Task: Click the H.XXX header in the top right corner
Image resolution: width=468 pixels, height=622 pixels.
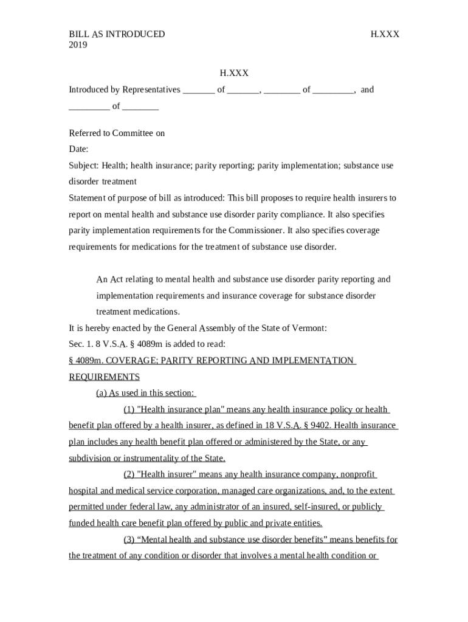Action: click(385, 34)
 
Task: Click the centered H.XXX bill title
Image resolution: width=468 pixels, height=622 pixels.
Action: click(234, 73)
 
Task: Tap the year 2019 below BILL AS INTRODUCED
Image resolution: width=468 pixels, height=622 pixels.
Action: click(78, 45)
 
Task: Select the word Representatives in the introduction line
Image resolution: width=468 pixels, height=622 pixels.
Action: click(151, 90)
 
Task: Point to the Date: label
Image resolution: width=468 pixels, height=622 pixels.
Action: click(79, 149)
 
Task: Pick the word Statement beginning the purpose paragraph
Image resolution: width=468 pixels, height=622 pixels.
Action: click(87, 198)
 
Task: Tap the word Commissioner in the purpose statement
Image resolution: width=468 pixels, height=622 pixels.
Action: click(257, 231)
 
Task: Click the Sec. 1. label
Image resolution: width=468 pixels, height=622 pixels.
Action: click(80, 344)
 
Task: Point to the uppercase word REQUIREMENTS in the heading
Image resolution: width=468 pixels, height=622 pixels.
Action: click(104, 377)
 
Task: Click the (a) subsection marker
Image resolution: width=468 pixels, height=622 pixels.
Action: click(102, 393)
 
